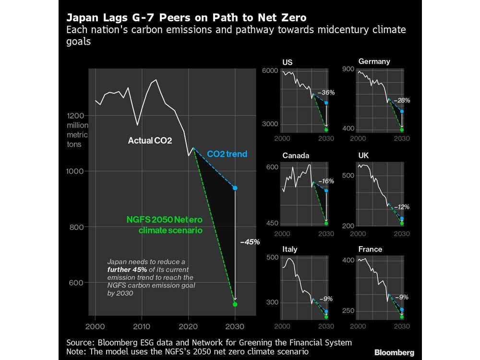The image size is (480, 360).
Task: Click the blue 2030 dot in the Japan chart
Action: (x=235, y=188)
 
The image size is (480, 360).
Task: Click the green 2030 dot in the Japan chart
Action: (x=235, y=304)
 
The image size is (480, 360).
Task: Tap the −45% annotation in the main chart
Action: (x=250, y=242)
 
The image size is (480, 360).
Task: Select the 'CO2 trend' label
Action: (x=227, y=154)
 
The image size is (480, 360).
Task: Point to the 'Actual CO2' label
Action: (x=150, y=141)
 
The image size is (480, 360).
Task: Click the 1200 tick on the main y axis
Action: (x=75, y=116)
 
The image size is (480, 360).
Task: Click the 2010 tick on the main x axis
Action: (x=141, y=326)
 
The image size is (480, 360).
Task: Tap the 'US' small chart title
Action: (x=288, y=62)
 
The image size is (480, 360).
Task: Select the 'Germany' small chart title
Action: (x=374, y=61)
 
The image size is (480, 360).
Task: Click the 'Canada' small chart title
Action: (x=296, y=156)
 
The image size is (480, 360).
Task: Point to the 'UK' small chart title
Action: (x=363, y=156)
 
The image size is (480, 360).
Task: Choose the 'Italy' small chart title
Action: (x=289, y=249)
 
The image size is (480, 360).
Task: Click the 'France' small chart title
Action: (x=370, y=249)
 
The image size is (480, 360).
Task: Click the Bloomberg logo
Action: (x=395, y=353)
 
